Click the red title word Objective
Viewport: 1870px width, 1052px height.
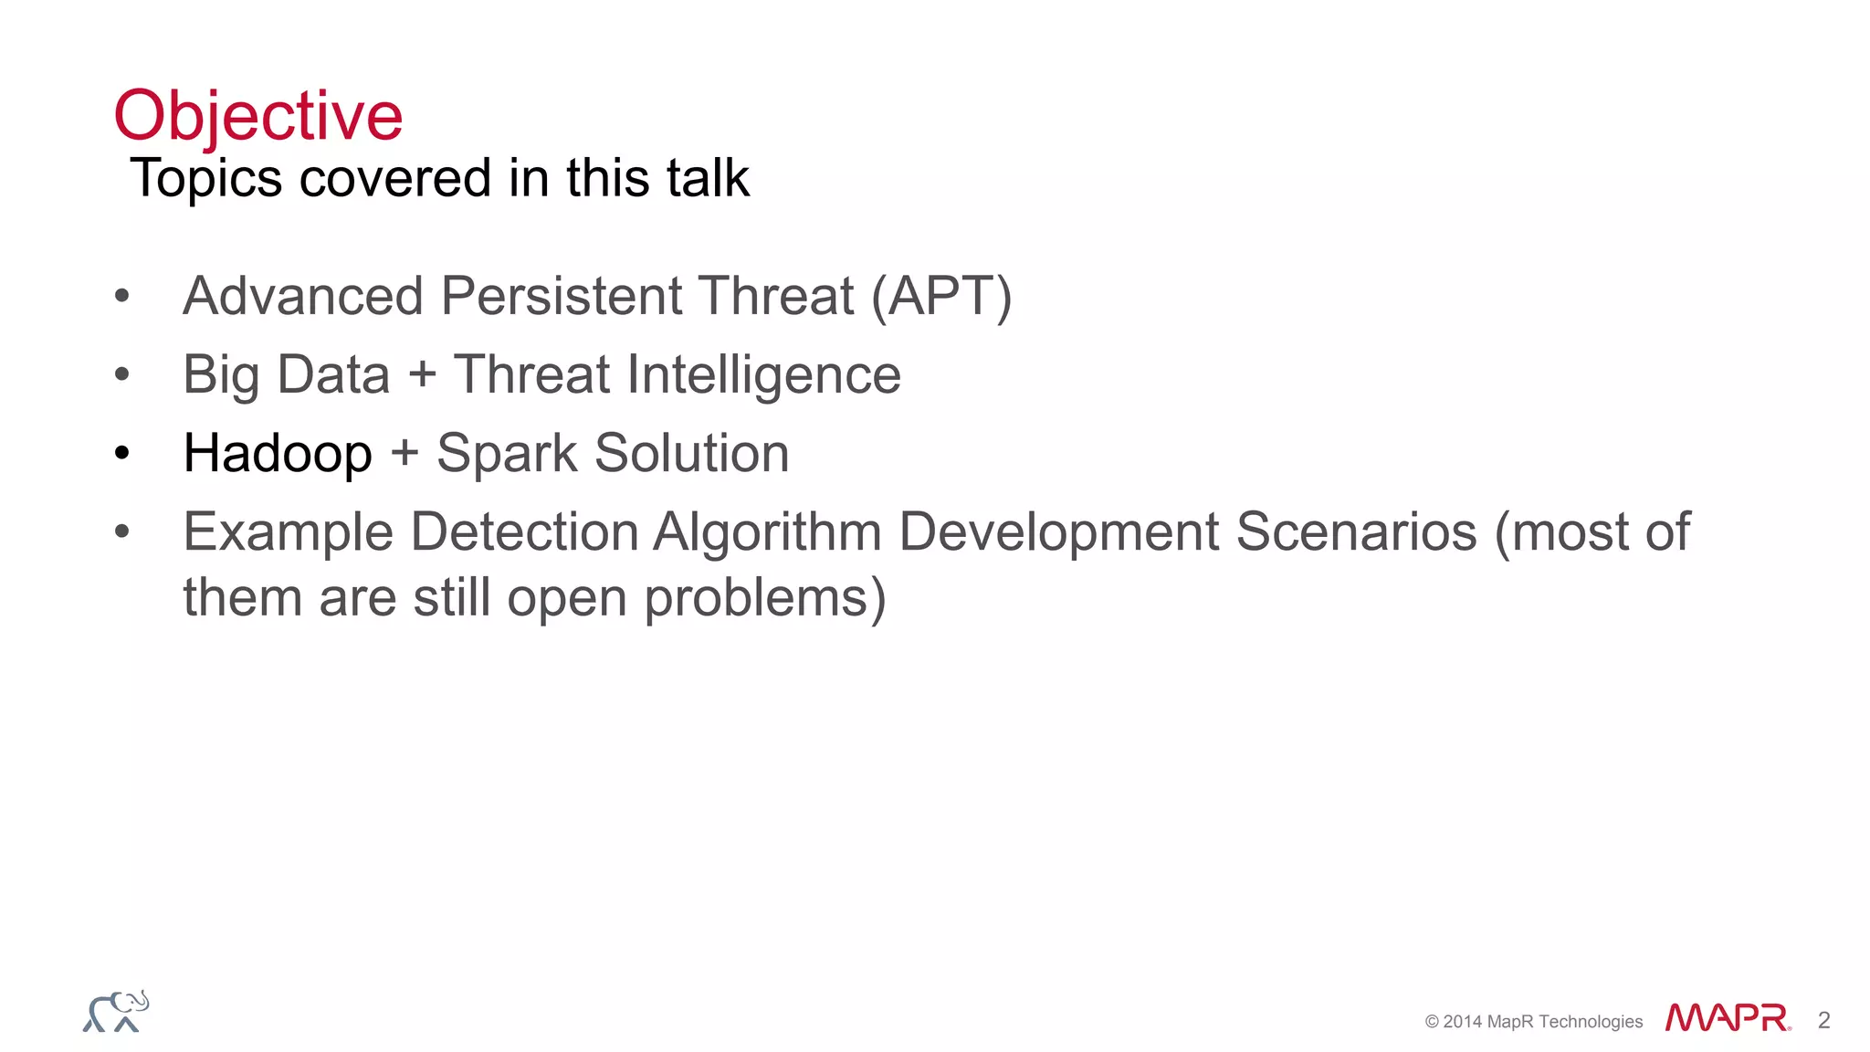pos(257,116)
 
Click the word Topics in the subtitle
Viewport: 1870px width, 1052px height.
pos(206,178)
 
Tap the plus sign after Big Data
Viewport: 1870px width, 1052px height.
pos(422,375)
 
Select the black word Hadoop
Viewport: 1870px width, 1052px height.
pos(278,454)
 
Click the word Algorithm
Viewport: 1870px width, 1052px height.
pos(767,532)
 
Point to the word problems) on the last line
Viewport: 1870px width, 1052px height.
pos(765,599)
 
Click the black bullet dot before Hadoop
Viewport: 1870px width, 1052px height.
pos(122,453)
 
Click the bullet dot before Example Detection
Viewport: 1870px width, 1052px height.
pos(122,531)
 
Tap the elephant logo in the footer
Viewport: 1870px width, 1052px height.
pos(116,1012)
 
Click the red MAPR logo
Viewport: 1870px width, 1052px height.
pos(1727,1018)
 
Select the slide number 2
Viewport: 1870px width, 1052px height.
pos(1823,1020)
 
